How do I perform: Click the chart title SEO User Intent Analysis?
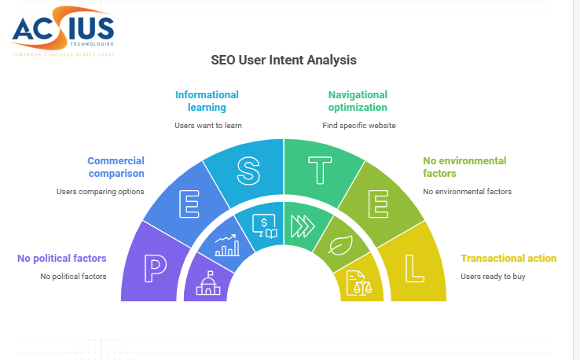point(283,60)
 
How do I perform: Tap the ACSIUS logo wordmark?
point(63,31)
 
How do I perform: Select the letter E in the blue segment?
point(189,204)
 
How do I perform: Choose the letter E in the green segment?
point(378,204)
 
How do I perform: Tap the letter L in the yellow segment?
point(414,269)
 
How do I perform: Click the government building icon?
point(209,283)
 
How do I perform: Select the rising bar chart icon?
point(227,246)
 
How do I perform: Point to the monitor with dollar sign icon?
point(263,225)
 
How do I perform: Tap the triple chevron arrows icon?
point(303,226)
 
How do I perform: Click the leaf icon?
point(340,246)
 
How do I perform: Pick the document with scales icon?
point(358,282)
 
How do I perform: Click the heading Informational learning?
point(207,101)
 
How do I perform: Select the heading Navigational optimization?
point(358,101)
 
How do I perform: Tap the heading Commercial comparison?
point(116,167)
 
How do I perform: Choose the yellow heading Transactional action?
point(508,259)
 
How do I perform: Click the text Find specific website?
point(358,125)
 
